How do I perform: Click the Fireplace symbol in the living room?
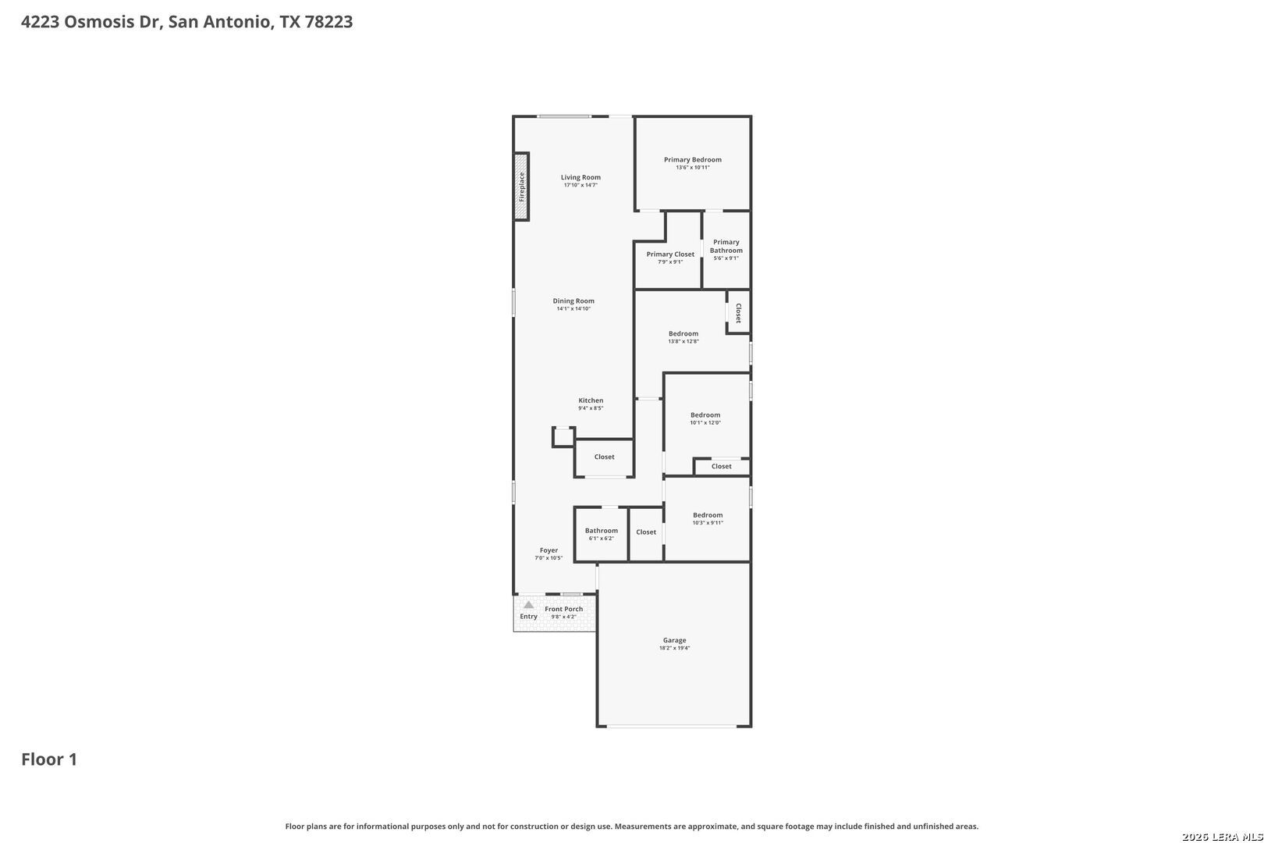[521, 187]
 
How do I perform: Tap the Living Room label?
[581, 177]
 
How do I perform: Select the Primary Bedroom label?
[692, 160]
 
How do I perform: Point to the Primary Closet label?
[670, 254]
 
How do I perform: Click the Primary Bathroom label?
[726, 246]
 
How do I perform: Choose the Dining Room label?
[573, 301]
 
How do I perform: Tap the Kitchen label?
[591, 400]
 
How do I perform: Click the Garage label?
[674, 640]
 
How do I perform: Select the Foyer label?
[549, 550]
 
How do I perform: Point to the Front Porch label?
[563, 609]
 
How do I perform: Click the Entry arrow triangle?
[529, 605]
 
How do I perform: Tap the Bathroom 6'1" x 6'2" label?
[601, 534]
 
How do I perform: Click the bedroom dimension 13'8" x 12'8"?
[683, 341]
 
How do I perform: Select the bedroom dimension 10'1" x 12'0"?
[705, 422]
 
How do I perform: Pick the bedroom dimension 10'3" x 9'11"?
[708, 522]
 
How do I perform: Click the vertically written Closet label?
[739, 313]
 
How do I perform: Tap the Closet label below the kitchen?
[605, 457]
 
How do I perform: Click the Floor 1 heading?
[49, 759]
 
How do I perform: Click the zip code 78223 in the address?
[329, 21]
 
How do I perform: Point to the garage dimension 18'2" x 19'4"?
[674, 648]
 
